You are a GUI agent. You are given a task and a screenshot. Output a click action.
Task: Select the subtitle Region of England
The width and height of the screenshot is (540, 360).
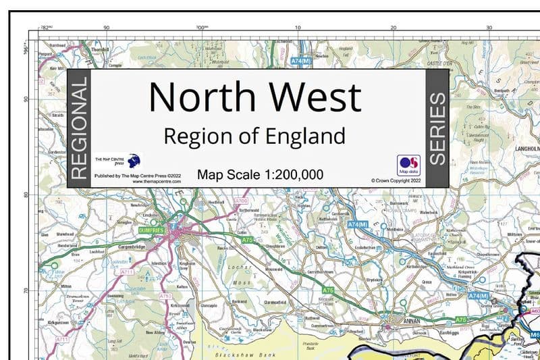(254, 136)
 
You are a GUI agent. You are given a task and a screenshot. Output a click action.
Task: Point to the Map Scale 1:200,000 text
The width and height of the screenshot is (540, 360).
(260, 175)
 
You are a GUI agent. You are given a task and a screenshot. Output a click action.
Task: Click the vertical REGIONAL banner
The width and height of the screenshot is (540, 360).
(79, 128)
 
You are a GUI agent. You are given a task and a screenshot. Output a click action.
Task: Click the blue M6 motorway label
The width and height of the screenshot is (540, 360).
(534, 334)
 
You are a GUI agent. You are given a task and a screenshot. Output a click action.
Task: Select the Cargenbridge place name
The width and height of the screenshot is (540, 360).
(132, 247)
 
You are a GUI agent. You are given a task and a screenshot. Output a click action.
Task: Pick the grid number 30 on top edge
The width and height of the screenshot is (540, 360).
(489, 28)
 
